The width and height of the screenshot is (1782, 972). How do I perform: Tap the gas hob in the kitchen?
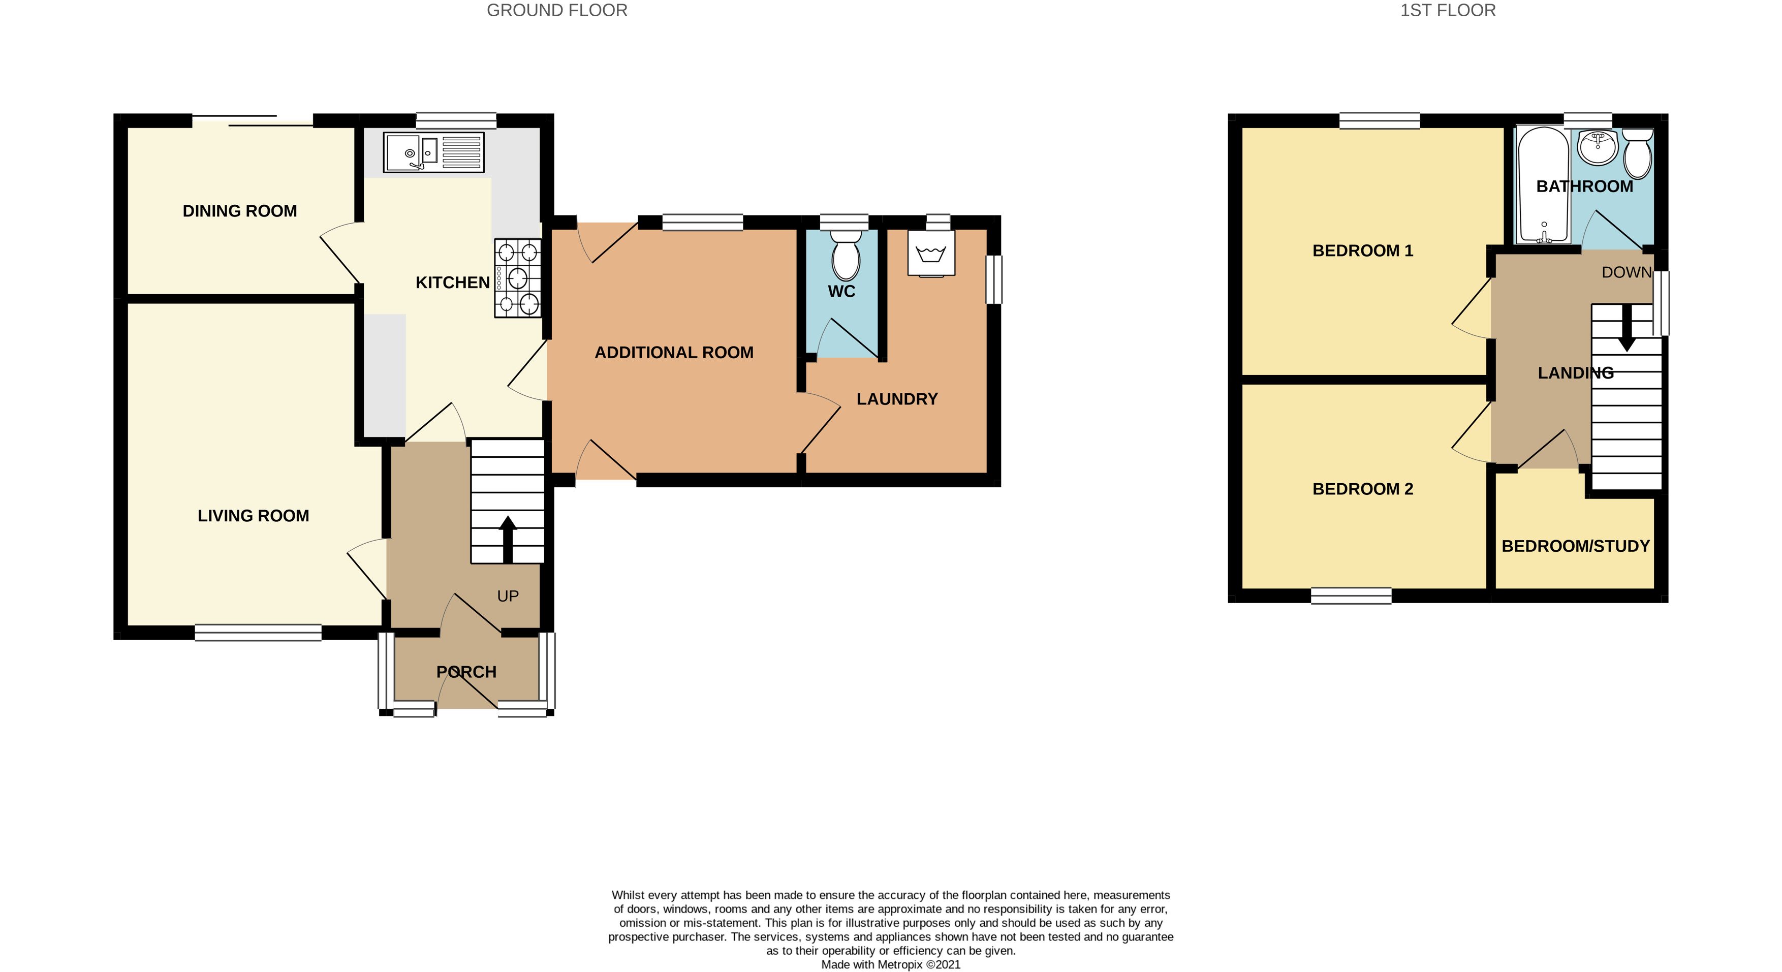[x=517, y=278]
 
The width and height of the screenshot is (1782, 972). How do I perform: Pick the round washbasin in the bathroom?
[x=1598, y=148]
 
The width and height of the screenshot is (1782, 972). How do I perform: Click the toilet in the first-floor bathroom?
[x=1637, y=153]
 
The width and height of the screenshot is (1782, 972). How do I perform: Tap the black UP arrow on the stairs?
[x=508, y=538]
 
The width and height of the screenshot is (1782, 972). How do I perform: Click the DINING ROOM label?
[x=239, y=211]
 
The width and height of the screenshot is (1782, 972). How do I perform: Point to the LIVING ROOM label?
[x=253, y=515]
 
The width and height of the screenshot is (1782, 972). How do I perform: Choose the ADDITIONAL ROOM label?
[x=674, y=352]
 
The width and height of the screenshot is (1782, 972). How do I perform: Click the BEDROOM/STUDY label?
[x=1575, y=546]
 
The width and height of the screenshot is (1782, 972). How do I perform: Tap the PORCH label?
[x=466, y=672]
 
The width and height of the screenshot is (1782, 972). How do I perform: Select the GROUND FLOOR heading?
[x=557, y=10]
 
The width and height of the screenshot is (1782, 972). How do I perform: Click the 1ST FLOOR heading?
[x=1447, y=10]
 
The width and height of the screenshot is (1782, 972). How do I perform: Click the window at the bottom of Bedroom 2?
[x=1350, y=595]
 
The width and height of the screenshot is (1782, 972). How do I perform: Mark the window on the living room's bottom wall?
[x=258, y=632]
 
